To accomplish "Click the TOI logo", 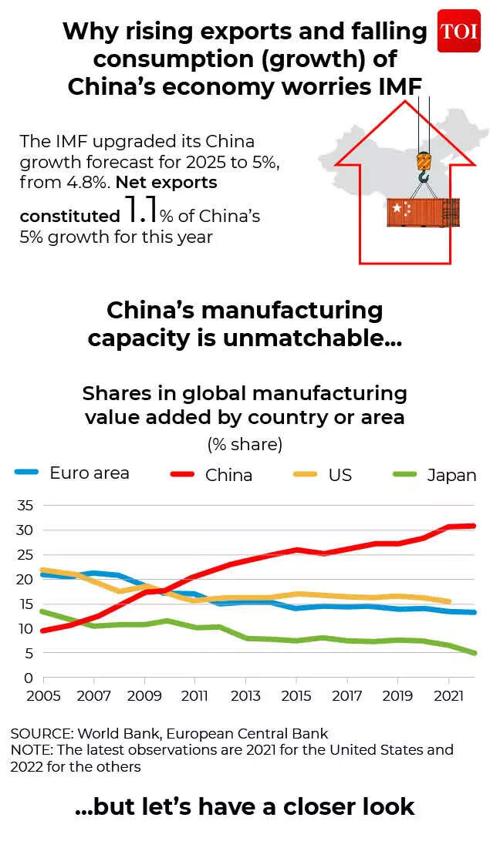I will tap(458, 32).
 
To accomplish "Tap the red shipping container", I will tap(422, 212).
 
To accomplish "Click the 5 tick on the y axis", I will tap(28, 654).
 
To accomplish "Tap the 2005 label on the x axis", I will tap(43, 695).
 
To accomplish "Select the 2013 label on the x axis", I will tap(245, 695).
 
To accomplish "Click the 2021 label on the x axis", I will tap(448, 695).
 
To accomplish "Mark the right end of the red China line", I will tap(474, 526).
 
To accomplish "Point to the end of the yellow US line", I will tap(449, 601).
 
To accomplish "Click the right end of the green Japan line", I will tap(474, 653).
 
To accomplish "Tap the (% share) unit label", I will tap(245, 445).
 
